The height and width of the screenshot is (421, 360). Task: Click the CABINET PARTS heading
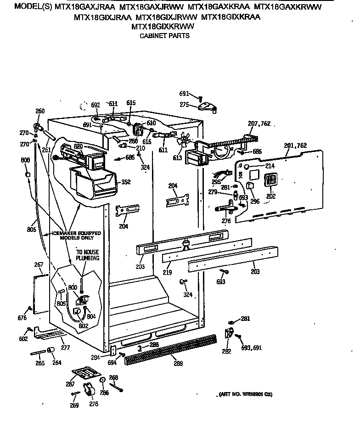point(164,35)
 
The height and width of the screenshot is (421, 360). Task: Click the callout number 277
point(65,348)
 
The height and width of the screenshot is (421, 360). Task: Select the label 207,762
point(259,123)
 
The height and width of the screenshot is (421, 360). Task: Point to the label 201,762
point(295,146)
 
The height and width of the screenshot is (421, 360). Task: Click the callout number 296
point(255,201)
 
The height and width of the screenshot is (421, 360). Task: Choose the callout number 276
point(226,221)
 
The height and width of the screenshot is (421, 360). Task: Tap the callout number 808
point(25,160)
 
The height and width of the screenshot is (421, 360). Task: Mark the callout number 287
point(71,383)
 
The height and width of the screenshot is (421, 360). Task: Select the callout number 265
point(40,363)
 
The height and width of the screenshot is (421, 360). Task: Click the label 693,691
point(252,348)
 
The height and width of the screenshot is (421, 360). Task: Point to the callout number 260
point(40,111)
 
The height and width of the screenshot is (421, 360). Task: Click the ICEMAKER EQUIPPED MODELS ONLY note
point(76,236)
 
